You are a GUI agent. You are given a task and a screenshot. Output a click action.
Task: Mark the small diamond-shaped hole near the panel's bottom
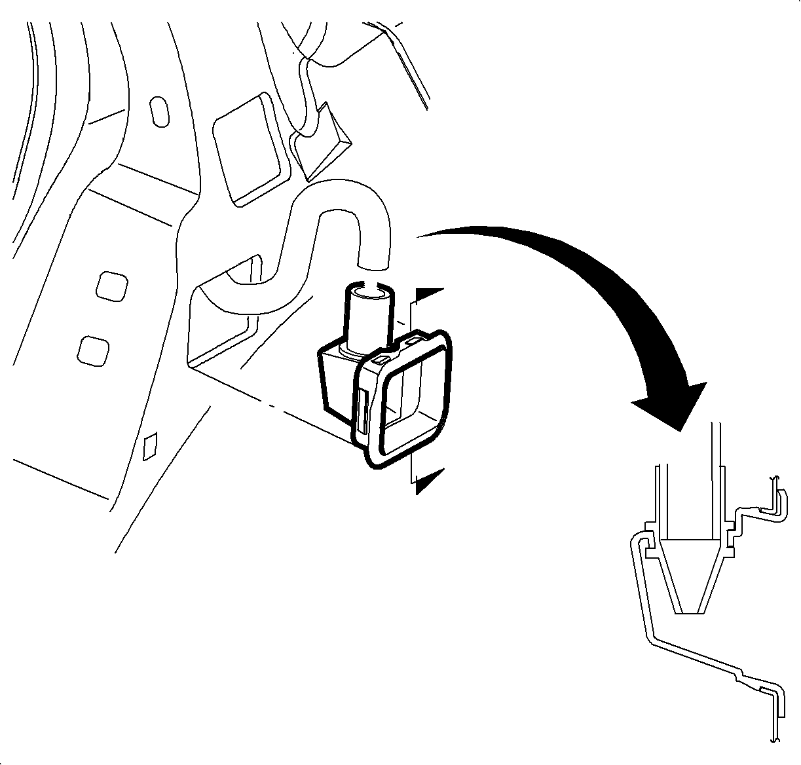(151, 445)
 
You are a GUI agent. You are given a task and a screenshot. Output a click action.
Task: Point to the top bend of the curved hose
(341, 200)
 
